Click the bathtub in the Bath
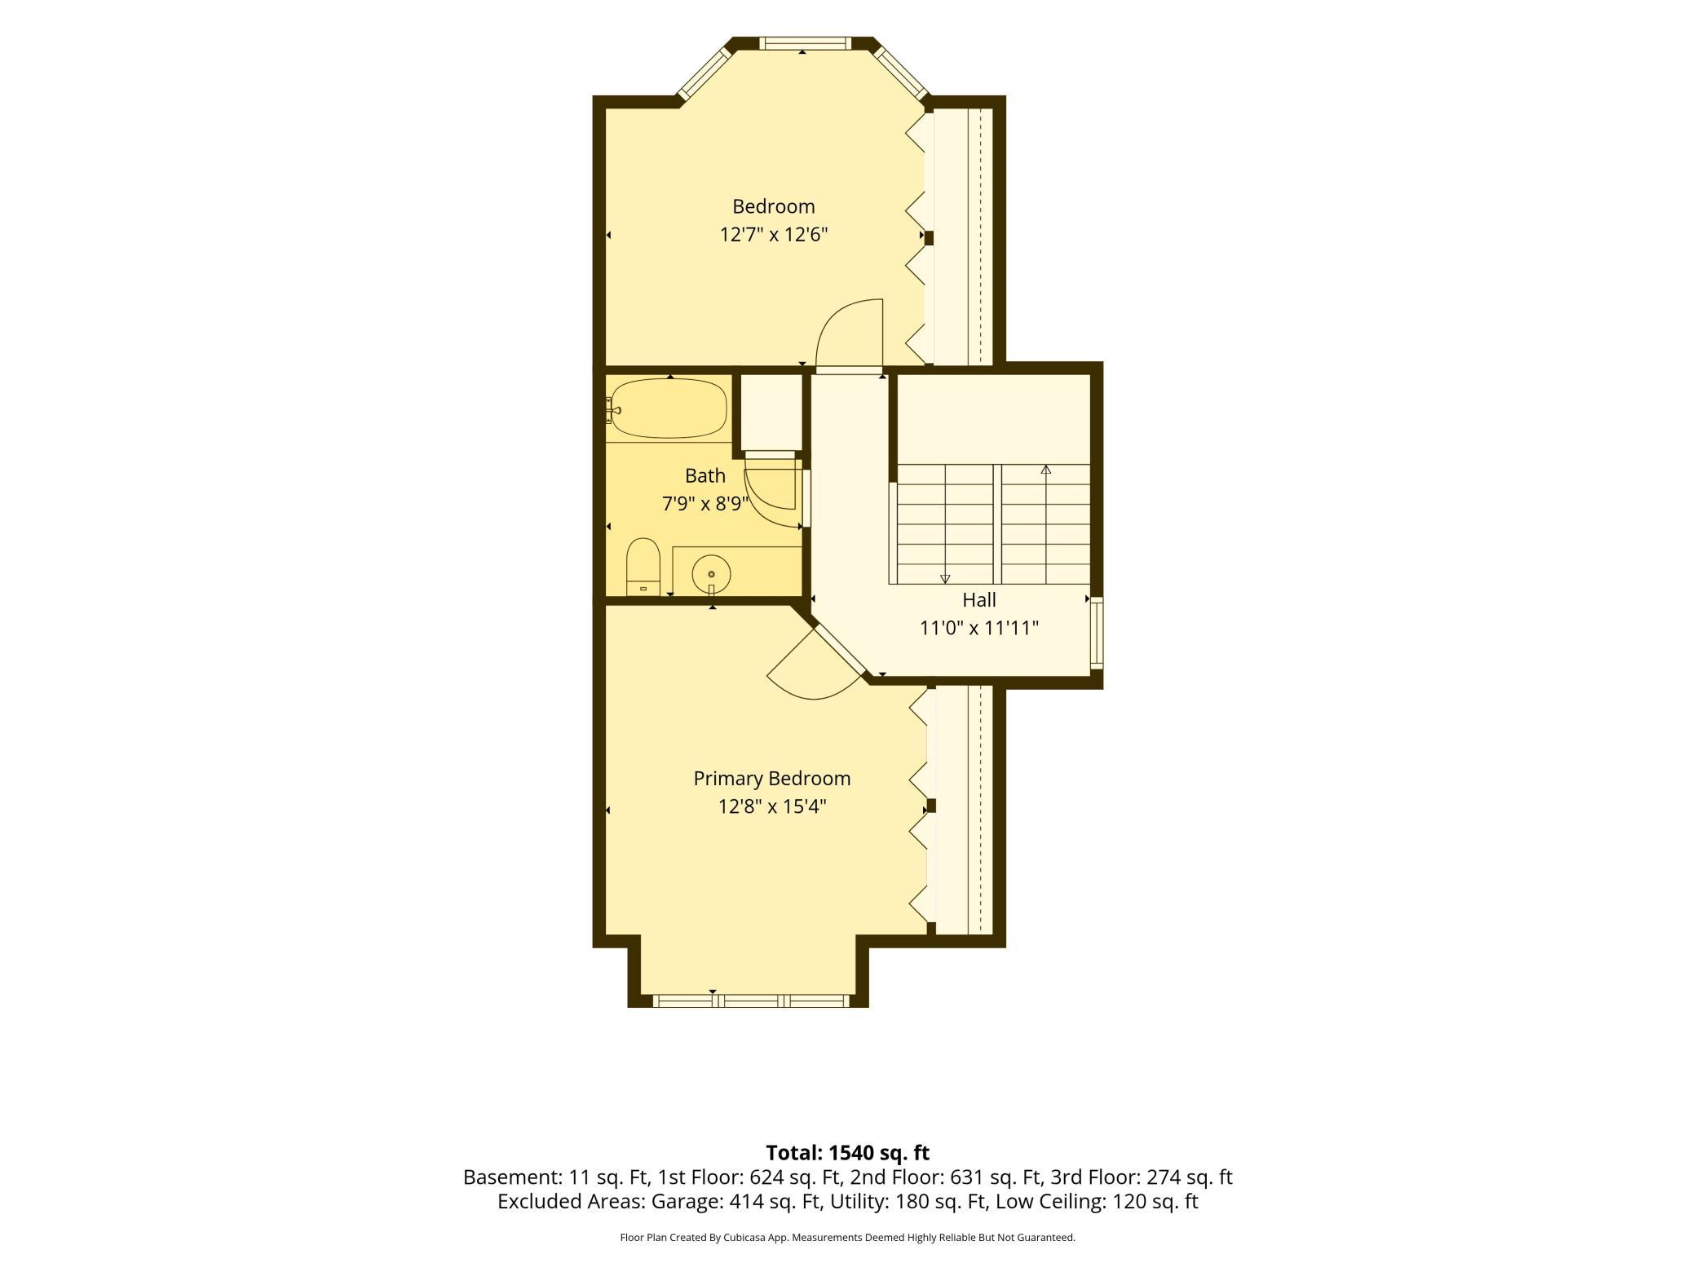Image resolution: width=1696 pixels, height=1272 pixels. pyautogui.click(x=669, y=408)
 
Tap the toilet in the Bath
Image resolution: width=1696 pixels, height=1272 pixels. pyautogui.click(x=643, y=567)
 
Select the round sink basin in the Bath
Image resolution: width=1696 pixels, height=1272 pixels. pyautogui.click(x=711, y=573)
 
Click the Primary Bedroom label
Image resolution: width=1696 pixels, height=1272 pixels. pyautogui.click(x=772, y=779)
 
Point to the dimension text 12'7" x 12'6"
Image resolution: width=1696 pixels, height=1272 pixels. pyautogui.click(x=774, y=235)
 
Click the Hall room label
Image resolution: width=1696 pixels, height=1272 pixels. pyautogui.click(x=979, y=600)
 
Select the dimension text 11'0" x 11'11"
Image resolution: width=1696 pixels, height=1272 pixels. pyautogui.click(x=979, y=628)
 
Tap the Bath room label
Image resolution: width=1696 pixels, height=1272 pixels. pyautogui.click(x=705, y=475)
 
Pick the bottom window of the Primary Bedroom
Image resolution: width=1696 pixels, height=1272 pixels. pyautogui.click(x=752, y=1000)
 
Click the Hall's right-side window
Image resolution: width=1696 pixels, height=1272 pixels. pyautogui.click(x=1097, y=634)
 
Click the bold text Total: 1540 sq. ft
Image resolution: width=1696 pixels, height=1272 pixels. pyautogui.click(x=848, y=1153)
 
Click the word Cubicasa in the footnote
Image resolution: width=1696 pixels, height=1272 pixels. pyautogui.click(x=748, y=1238)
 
